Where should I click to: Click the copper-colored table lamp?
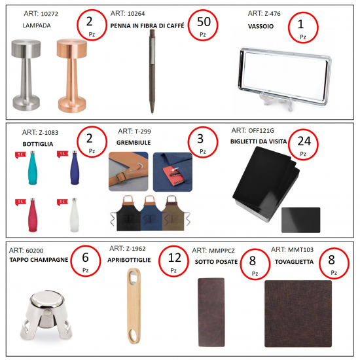point(72,76)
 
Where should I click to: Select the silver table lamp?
point(26,75)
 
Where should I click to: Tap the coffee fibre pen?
point(152,71)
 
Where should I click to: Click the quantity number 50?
point(204,22)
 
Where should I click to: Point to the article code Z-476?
point(272,14)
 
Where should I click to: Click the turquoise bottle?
point(32,168)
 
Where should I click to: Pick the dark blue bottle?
point(75,168)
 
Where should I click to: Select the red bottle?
point(33,215)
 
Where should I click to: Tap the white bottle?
point(75,215)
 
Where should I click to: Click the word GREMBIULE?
point(134,143)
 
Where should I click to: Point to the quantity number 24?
point(304,141)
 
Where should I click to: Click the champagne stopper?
point(46,315)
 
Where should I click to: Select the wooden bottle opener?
point(134,306)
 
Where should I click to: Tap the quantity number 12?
point(175,258)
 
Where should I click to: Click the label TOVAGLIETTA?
point(294,262)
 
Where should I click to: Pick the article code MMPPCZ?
point(221,251)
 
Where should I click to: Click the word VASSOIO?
point(261,26)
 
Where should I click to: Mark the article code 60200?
point(35,251)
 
